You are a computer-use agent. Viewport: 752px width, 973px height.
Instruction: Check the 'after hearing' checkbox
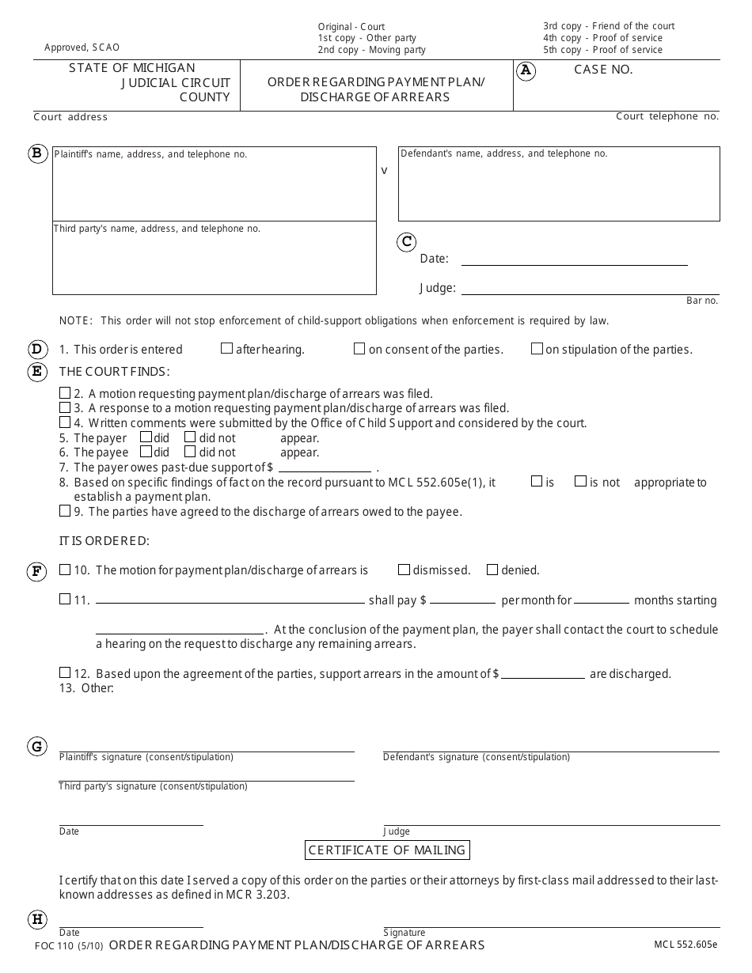tap(227, 348)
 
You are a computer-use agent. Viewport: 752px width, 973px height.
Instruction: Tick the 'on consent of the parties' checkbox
tap(359, 348)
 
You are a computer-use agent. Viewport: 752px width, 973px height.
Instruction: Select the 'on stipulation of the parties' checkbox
tap(537, 348)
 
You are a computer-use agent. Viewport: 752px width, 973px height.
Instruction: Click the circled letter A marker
tap(526, 70)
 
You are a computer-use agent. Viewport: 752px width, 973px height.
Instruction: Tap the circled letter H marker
tap(37, 919)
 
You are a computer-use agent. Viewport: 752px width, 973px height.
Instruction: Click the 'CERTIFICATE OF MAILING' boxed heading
tap(387, 850)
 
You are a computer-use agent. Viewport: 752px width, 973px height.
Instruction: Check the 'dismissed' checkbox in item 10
tap(404, 570)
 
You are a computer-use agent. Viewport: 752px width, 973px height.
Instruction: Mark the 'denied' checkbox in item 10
tap(492, 570)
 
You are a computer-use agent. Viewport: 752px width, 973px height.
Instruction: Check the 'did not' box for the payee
tap(190, 452)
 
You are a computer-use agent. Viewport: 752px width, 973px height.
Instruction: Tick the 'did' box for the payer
tap(146, 437)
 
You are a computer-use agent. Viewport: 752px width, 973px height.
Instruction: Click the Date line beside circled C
tap(574, 259)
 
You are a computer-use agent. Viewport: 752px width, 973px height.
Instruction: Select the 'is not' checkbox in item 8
tap(580, 481)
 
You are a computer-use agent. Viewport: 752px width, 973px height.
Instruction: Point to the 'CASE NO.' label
tap(603, 70)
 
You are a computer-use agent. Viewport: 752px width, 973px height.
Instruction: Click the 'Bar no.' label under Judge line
tap(702, 301)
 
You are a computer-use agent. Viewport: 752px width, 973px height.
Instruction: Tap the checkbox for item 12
tap(65, 673)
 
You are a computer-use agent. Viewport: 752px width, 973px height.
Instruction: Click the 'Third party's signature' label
tap(153, 786)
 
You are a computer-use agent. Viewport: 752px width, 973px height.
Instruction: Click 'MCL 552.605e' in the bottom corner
tap(686, 945)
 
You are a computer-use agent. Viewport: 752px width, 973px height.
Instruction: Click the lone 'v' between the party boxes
tap(385, 170)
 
